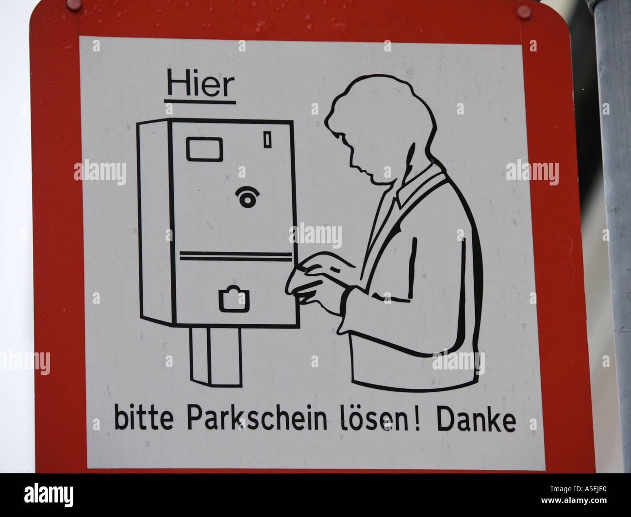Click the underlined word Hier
200,85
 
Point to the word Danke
476,420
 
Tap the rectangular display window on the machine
204,149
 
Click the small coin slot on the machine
266,140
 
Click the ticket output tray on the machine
234,300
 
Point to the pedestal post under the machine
216,356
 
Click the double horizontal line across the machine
236,256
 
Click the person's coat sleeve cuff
349,311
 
